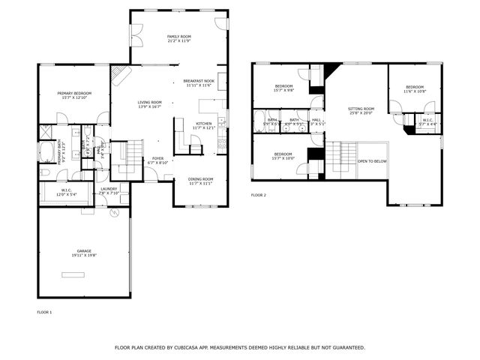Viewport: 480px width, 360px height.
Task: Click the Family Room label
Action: (178, 36)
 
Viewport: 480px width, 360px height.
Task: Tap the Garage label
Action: (83, 250)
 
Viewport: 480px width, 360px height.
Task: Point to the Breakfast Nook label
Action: (199, 81)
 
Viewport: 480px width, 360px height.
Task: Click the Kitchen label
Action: (204, 123)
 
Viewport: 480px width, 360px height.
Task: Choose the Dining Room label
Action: (200, 178)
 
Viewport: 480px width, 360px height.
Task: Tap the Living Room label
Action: (149, 102)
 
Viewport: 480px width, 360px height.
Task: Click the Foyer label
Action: (157, 158)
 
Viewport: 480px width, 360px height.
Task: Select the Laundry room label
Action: (109, 189)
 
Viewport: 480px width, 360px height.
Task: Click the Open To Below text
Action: (372, 161)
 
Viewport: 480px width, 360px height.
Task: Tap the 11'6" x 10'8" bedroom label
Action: (415, 87)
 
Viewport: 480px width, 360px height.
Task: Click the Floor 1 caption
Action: (44, 311)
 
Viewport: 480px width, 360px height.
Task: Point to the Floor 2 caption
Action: (259, 195)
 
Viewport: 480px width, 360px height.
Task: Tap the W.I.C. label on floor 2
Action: (427, 120)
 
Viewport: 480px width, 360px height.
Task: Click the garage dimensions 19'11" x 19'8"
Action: (83, 256)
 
